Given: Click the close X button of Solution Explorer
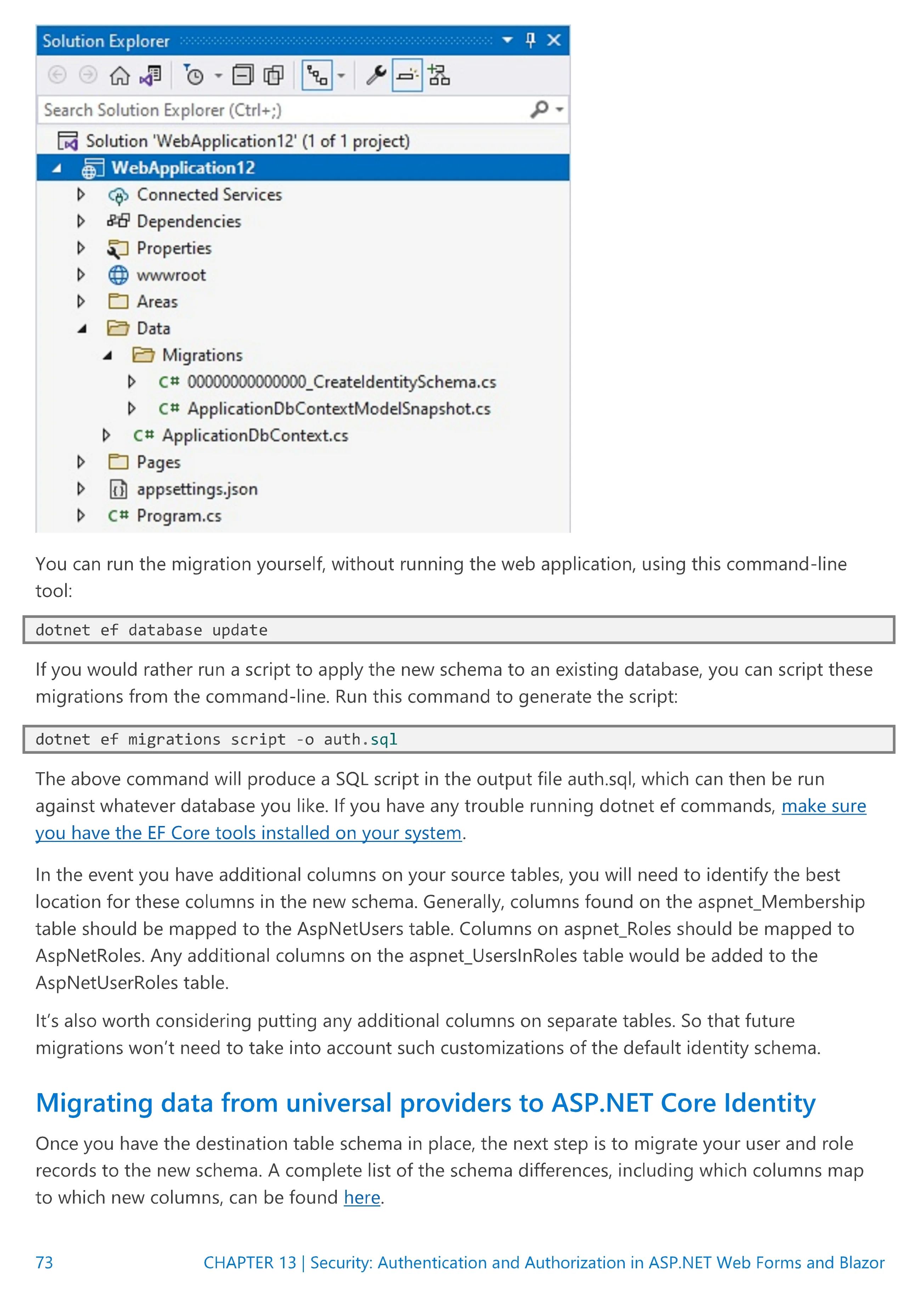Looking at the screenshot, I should [x=554, y=40].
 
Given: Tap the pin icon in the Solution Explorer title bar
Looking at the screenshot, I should [x=530, y=40].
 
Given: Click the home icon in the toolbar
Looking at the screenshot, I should [x=119, y=75].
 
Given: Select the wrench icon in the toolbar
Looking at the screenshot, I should [x=376, y=75].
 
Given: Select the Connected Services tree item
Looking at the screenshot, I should [x=209, y=195].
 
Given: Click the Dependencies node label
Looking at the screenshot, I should [x=189, y=222].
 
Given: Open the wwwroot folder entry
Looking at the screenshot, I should [x=171, y=275].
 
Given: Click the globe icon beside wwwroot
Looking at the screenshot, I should [x=118, y=275].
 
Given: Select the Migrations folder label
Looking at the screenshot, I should [x=202, y=355].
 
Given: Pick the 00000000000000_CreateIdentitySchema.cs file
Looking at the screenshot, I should [x=341, y=383].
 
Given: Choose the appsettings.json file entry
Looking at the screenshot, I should [x=197, y=489].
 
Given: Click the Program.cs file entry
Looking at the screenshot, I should [x=178, y=516].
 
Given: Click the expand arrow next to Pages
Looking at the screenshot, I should [x=81, y=462].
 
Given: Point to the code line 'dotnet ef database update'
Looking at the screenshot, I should [x=152, y=630].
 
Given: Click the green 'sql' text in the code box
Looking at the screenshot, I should [x=384, y=739].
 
